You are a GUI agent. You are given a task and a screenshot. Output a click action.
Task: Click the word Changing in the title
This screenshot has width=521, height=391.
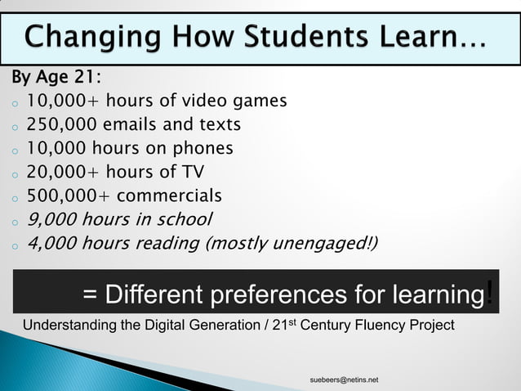point(91,38)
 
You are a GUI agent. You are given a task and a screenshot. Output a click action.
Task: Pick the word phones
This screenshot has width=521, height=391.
point(202,149)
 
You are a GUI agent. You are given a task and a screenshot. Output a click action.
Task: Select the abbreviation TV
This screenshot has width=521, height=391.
point(193,173)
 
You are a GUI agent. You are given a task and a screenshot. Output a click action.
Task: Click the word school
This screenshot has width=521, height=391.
point(183,219)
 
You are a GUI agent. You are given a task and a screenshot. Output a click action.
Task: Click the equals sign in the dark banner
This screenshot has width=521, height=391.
point(91,294)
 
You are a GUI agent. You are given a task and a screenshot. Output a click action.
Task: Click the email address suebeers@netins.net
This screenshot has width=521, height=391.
point(344,380)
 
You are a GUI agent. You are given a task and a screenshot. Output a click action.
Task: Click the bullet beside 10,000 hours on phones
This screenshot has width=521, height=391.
point(15,151)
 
